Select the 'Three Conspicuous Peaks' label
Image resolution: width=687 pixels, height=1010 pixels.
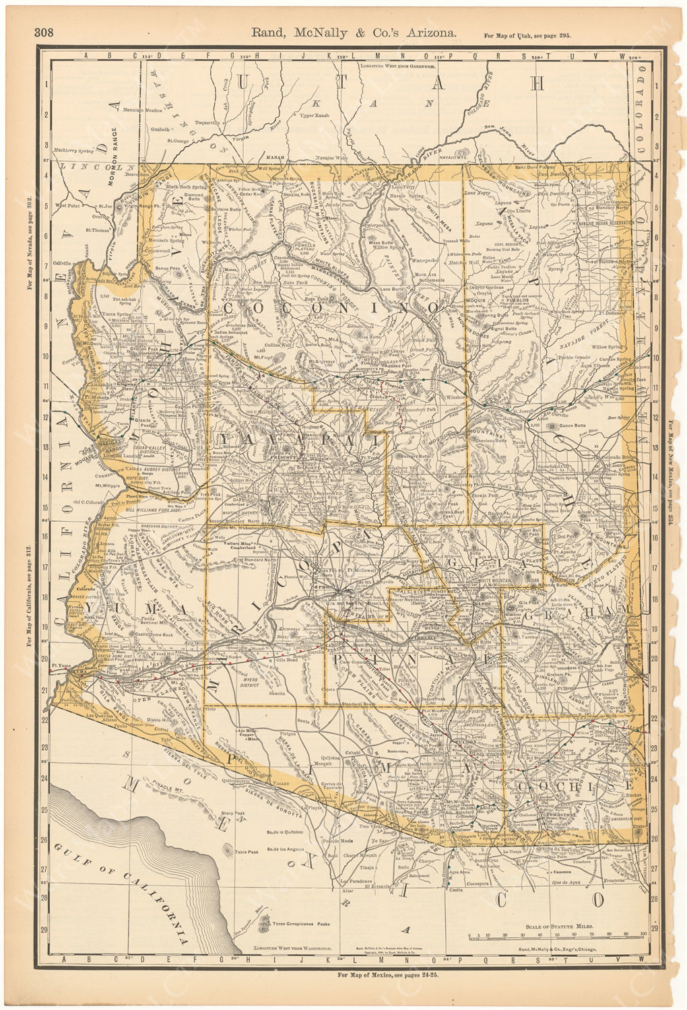[299, 923]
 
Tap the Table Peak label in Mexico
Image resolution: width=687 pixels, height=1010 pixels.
[247, 852]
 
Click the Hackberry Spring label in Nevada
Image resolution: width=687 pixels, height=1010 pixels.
[74, 151]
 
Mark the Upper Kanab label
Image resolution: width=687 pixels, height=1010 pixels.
[315, 116]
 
